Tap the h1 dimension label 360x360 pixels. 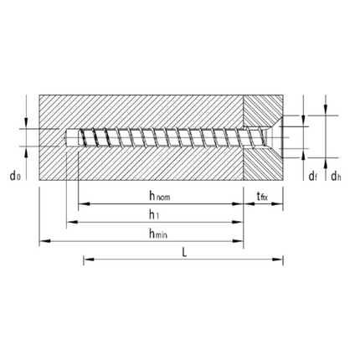tap(156, 215)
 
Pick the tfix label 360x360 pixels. tap(262, 197)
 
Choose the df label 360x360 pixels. tap(312, 176)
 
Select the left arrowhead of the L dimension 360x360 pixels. tap(86, 260)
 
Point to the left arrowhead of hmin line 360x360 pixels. tap(42, 243)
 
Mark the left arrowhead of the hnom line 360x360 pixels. tap(81, 203)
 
